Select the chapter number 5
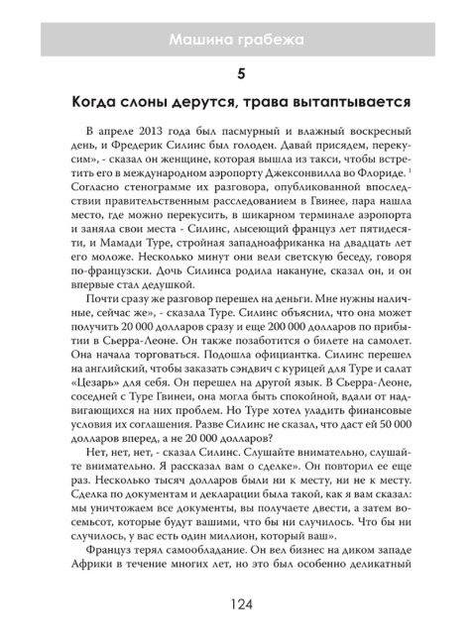pos(239,74)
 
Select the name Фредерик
pos(135,152)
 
